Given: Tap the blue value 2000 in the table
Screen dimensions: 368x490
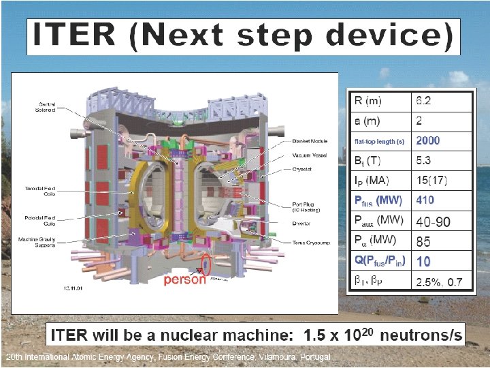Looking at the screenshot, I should click(x=428, y=140).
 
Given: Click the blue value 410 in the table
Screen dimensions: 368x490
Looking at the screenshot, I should click(x=425, y=200).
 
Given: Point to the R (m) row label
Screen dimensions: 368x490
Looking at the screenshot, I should click(x=368, y=102).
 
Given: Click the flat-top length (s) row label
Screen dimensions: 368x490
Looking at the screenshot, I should click(x=379, y=141).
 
